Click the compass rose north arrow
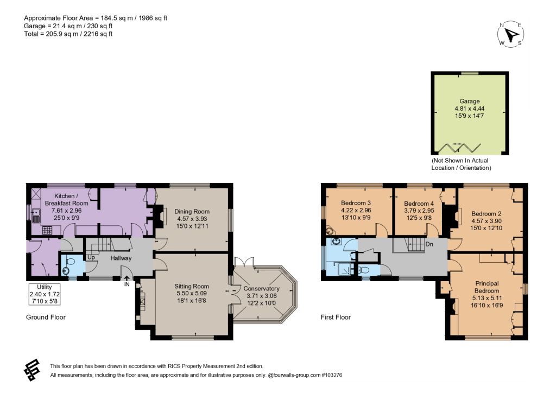511,34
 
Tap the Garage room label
470,101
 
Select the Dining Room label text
192,212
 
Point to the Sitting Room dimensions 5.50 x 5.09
192,294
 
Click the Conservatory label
261,288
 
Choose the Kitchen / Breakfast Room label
66,200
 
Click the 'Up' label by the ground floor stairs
91,257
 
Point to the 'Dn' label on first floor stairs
429,244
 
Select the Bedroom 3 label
356,203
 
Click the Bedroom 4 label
419,204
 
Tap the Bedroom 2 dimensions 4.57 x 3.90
486,221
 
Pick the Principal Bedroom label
487,287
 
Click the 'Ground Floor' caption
46,317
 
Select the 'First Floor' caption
336,317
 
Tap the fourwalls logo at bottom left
32,370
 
